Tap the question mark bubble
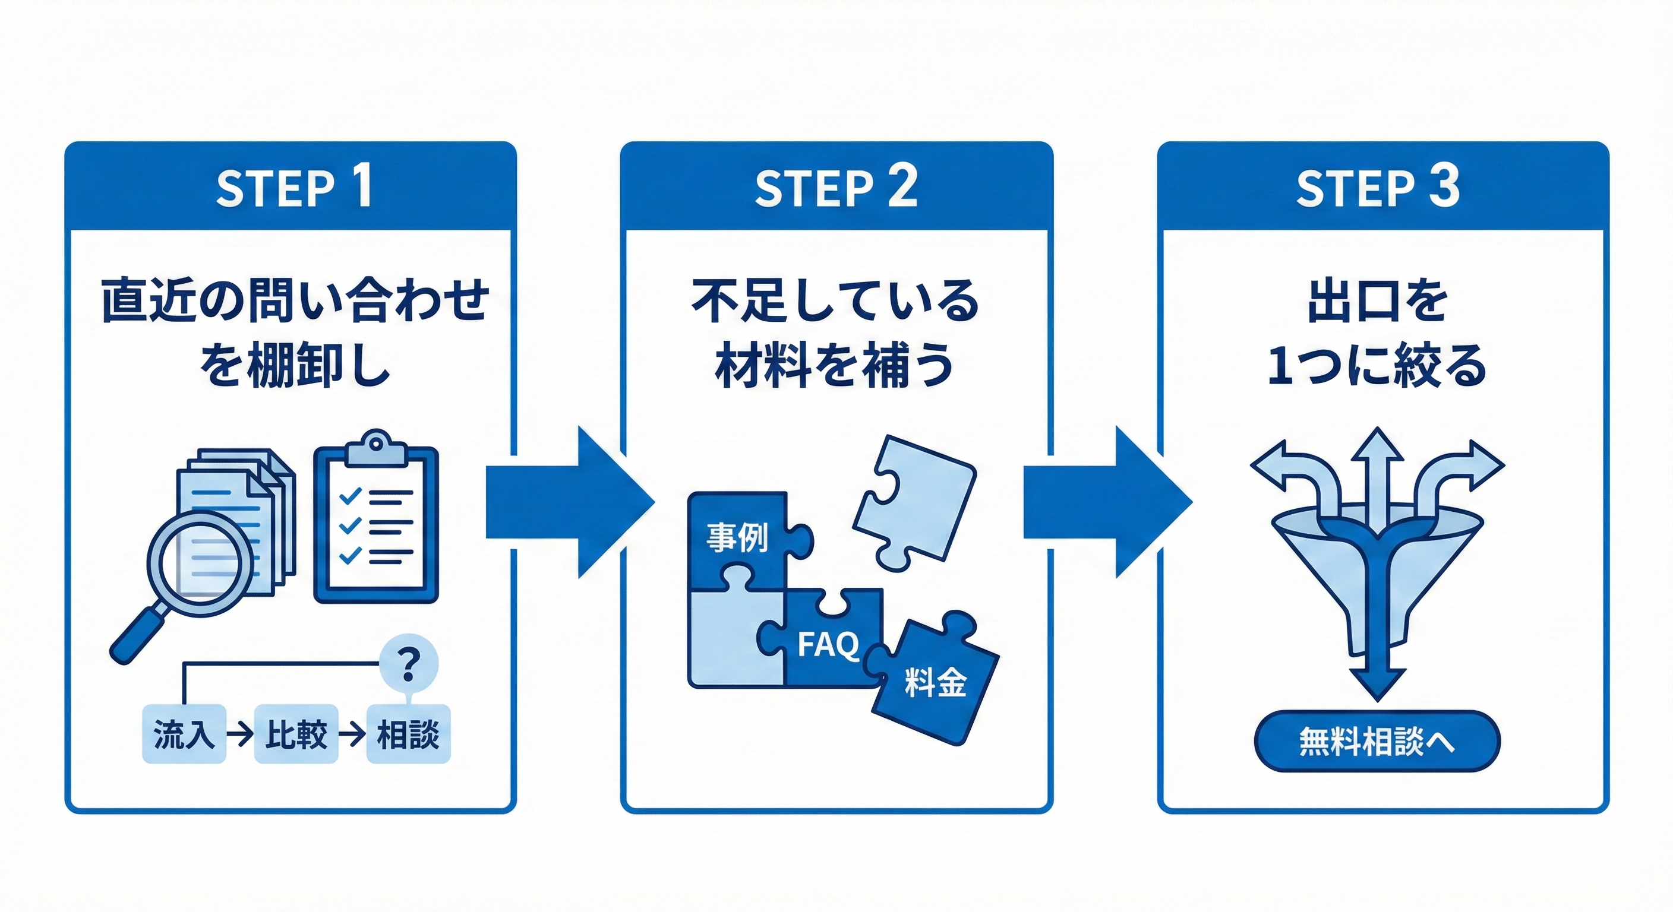tap(409, 663)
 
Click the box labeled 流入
tap(184, 734)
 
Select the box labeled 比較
tap(296, 734)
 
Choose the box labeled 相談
tap(409, 734)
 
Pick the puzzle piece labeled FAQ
tap(829, 642)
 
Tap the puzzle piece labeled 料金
tap(935, 682)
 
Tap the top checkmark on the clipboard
tap(350, 496)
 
